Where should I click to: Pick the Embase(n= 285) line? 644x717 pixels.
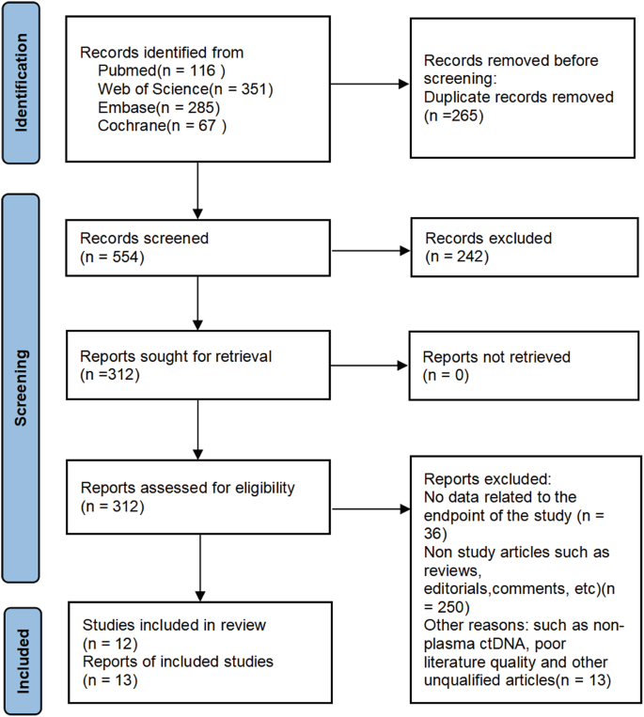pyautogui.click(x=155, y=106)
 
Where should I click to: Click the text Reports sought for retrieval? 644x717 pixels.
pyautogui.click(x=170, y=358)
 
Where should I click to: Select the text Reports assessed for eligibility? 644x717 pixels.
pyautogui.click(x=188, y=488)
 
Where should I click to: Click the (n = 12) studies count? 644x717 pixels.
pyautogui.click(x=110, y=644)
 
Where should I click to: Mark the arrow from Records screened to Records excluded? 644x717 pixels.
pyautogui.click(x=370, y=250)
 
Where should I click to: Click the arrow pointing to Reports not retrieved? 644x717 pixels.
pyautogui.click(x=370, y=367)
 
